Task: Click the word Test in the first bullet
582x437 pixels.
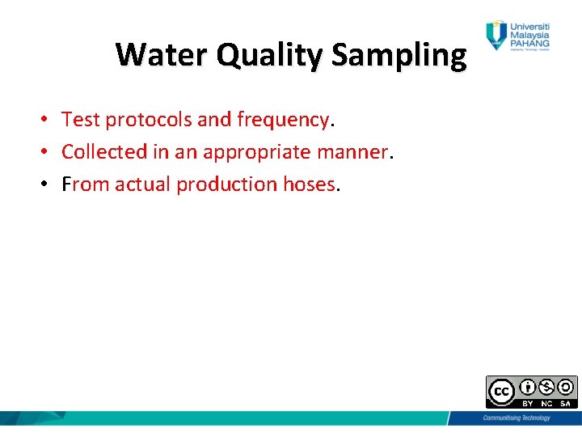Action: [x=80, y=120]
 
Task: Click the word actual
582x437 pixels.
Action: [x=143, y=185]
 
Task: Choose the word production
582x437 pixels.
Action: [x=226, y=185]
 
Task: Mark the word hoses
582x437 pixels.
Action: [x=309, y=185]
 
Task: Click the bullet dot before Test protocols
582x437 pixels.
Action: [x=48, y=121]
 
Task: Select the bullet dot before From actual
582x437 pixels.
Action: [x=48, y=185]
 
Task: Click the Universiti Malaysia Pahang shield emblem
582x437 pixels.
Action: [x=495, y=36]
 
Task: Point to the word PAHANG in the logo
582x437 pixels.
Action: [x=529, y=43]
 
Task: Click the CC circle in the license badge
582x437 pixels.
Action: [x=502, y=392]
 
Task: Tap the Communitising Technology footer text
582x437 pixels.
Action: [x=516, y=418]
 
